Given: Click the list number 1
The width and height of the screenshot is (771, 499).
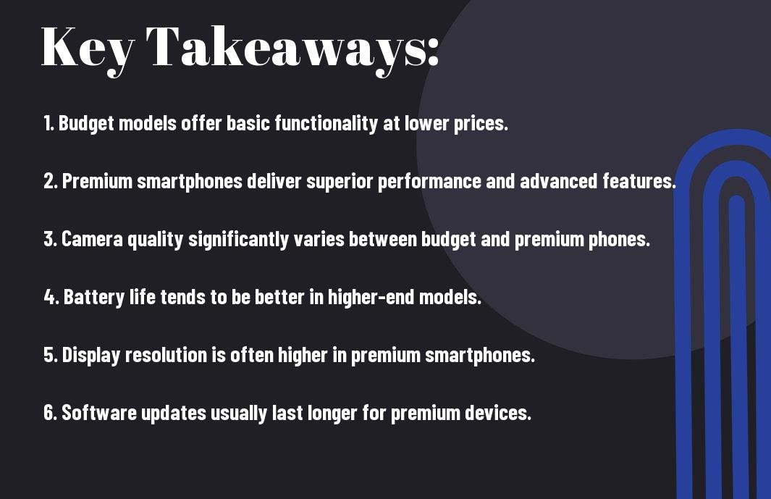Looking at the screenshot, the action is pos(49,123).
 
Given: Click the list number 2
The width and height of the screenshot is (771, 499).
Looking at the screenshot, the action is pos(50,181).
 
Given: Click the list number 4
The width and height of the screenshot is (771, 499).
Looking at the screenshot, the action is pos(51,297).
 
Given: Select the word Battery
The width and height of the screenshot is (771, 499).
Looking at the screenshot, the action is pos(94,298).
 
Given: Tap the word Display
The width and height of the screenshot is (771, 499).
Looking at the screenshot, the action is pos(91,356).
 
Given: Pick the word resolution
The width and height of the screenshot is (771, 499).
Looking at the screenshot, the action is pos(167,355).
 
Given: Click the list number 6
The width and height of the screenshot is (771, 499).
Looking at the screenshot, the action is pos(50,413).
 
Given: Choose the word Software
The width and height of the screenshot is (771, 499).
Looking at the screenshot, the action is pos(99,413).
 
